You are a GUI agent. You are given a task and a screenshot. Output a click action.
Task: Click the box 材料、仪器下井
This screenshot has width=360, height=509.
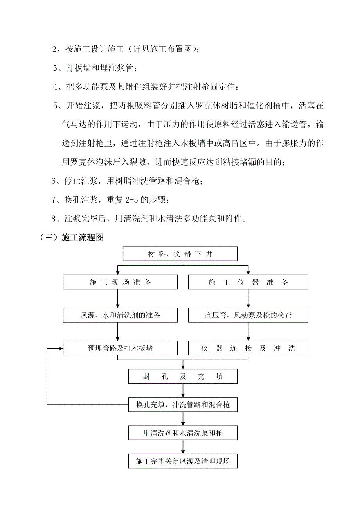(x=180, y=254)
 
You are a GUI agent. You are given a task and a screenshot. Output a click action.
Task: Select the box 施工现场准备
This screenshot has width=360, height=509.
(x=120, y=282)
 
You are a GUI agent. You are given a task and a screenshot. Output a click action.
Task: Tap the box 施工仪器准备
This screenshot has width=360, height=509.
(x=248, y=282)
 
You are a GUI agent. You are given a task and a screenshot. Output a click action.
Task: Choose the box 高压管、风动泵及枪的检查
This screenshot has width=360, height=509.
(x=248, y=315)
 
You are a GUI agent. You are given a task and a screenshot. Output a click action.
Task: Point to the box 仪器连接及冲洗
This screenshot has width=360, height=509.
(x=248, y=348)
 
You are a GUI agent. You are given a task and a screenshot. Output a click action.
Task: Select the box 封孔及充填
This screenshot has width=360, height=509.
(x=183, y=376)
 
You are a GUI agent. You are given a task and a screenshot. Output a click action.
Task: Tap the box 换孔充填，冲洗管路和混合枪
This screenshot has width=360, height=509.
(x=183, y=405)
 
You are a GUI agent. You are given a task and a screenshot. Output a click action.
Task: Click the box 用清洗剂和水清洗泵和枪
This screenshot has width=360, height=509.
(x=183, y=433)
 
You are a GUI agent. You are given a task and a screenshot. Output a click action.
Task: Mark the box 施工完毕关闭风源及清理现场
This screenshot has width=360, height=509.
(x=183, y=461)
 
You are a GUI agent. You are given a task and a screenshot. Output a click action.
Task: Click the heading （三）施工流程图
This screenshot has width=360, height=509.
(x=72, y=238)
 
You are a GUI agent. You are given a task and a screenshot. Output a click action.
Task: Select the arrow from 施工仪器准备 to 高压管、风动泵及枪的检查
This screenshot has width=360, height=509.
(x=247, y=299)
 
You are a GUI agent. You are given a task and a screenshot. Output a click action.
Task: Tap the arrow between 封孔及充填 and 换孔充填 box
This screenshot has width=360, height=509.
(x=183, y=391)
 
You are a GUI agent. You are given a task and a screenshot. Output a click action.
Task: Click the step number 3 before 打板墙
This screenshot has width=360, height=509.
(x=56, y=68)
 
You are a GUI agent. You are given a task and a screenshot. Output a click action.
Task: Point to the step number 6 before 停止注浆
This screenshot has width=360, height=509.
(x=54, y=181)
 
